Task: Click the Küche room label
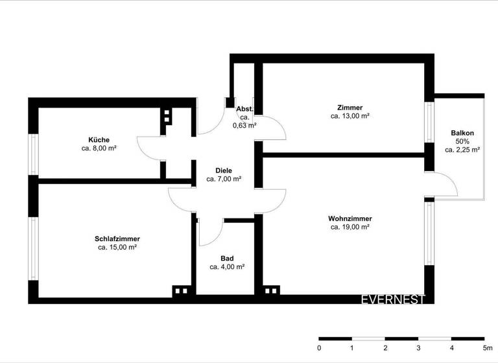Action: [99, 139]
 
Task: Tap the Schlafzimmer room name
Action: [117, 239]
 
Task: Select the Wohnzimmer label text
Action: [350, 219]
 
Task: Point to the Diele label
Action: [224, 170]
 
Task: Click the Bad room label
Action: [227, 258]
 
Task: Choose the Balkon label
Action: [462, 133]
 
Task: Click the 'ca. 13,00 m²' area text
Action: [350, 116]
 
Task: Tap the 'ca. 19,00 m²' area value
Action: [350, 228]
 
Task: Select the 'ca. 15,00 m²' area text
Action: [117, 247]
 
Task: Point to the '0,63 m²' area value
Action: [244, 126]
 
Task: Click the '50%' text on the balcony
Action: [462, 141]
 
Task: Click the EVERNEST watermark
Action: [393, 299]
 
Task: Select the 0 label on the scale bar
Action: [319, 348]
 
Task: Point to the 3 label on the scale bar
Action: [418, 348]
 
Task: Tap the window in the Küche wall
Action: [33, 154]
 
